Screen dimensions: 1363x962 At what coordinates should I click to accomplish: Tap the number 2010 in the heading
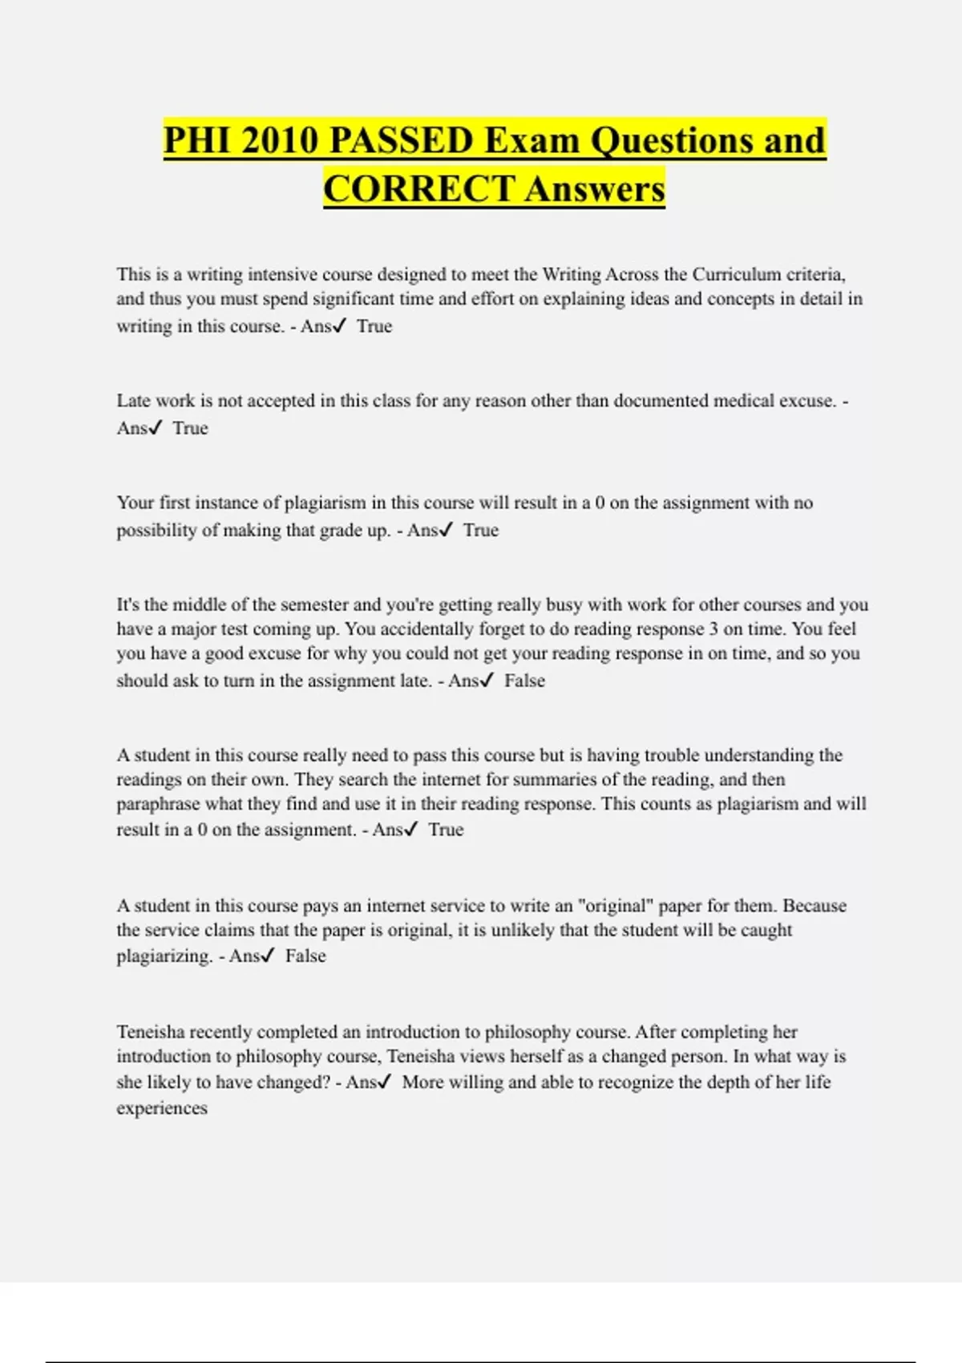(277, 140)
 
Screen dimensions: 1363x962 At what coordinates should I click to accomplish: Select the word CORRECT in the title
(418, 189)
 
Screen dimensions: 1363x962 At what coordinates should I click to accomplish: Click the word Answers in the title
(595, 189)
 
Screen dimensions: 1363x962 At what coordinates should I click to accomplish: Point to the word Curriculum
(736, 274)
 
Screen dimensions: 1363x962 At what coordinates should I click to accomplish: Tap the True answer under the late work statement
(190, 428)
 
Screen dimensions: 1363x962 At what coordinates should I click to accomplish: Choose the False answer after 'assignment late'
(524, 681)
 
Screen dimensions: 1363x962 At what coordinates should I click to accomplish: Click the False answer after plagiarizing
(305, 956)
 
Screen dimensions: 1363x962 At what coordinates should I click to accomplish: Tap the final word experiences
(162, 1108)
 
